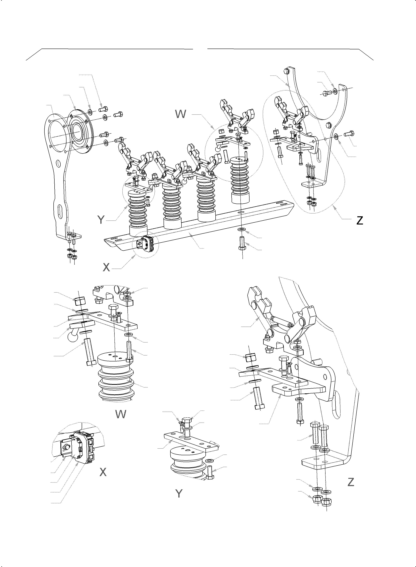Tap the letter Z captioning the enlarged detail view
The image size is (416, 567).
[351, 482]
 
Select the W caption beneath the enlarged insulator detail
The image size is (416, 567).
[121, 414]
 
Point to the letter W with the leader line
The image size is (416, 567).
[181, 114]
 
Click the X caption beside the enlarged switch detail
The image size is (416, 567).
[103, 472]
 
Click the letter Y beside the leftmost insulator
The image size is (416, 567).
[101, 220]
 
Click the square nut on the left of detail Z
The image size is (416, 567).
[250, 358]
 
